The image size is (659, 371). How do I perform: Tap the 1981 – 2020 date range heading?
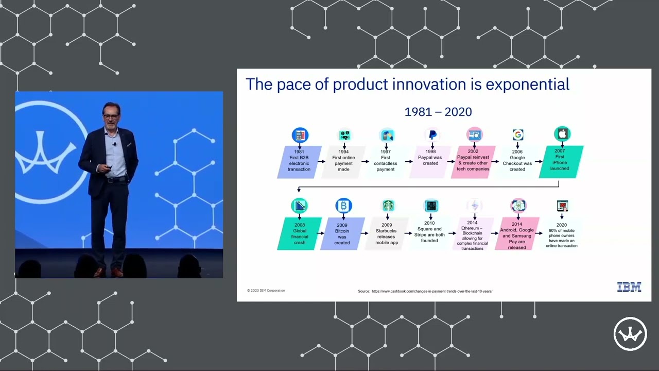click(438, 112)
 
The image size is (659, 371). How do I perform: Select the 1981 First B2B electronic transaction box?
click(299, 161)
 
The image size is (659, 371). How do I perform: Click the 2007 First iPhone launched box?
click(560, 161)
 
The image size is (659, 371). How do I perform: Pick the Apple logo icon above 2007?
click(562, 134)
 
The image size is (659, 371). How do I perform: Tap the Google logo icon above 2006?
click(517, 134)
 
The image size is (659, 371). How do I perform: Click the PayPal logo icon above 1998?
click(432, 134)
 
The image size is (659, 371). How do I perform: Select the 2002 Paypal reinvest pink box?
click(473, 161)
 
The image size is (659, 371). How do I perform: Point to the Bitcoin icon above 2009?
click(343, 206)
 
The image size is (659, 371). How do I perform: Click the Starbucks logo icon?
click(388, 206)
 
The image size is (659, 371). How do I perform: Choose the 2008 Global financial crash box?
click(300, 233)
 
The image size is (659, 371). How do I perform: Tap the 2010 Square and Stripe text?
click(429, 232)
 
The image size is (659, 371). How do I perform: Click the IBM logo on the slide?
click(629, 288)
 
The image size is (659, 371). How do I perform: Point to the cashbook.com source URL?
click(431, 291)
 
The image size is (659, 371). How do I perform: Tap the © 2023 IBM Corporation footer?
click(266, 291)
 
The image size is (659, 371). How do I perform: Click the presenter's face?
click(111, 116)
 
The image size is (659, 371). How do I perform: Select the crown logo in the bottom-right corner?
click(630, 334)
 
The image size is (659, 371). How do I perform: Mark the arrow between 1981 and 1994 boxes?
click(321, 161)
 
